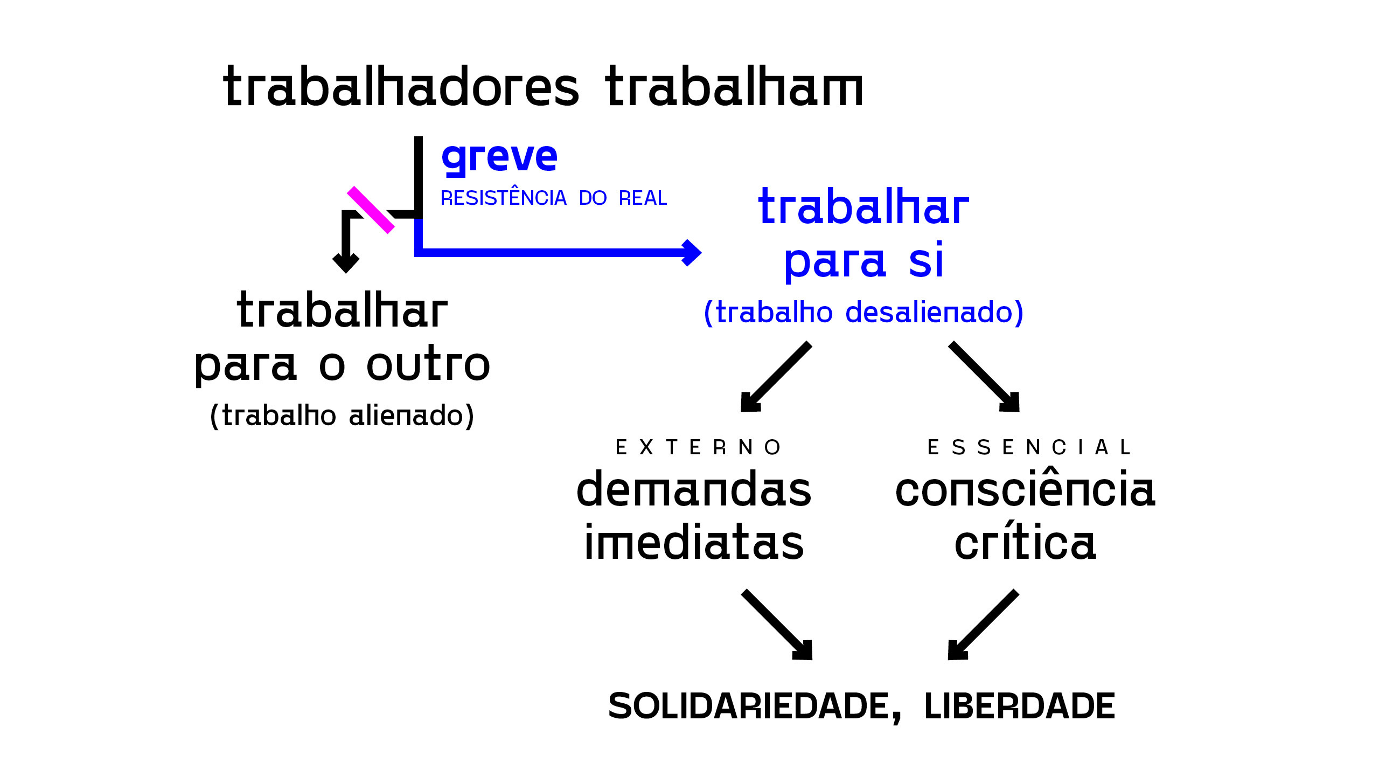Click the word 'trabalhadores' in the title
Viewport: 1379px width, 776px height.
pos(401,87)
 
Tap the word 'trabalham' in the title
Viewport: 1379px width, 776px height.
pos(734,87)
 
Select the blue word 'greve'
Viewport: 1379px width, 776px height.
pos(499,157)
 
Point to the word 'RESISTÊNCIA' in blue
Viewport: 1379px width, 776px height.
pos(504,198)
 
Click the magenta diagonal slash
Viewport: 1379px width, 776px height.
pos(371,210)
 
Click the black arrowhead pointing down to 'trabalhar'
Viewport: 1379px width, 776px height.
pos(346,262)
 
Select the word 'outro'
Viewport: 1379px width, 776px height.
pos(428,364)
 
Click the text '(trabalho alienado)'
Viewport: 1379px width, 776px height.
pos(342,415)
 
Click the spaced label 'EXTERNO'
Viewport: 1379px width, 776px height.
pos(698,447)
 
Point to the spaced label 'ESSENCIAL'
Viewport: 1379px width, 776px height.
pos(1029,447)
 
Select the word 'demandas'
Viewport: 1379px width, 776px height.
pos(694,489)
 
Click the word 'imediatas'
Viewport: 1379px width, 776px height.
pos(694,542)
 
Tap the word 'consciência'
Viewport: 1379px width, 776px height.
pos(1025,489)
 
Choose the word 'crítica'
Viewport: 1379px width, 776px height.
pos(1025,542)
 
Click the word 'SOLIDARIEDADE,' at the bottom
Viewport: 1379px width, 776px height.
pos(754,706)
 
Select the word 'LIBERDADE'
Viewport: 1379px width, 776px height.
pos(1019,706)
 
